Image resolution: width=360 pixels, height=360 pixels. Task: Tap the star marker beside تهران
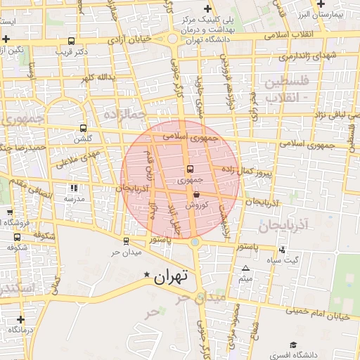click(x=146, y=274)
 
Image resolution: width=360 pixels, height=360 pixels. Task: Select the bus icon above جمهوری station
click(x=190, y=169)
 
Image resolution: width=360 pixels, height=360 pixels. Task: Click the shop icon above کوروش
click(x=195, y=194)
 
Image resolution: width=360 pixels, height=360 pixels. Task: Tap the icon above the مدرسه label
click(x=74, y=188)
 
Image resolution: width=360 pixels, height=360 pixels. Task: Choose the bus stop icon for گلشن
click(x=84, y=129)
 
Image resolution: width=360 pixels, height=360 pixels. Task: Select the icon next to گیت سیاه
click(x=282, y=250)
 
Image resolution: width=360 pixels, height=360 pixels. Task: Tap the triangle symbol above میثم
click(x=245, y=269)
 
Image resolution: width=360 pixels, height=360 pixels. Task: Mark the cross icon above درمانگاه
click(x=20, y=319)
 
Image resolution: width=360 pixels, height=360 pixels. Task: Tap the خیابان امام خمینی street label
click(x=323, y=311)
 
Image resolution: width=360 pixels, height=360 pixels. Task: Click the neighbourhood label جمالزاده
click(x=124, y=113)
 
